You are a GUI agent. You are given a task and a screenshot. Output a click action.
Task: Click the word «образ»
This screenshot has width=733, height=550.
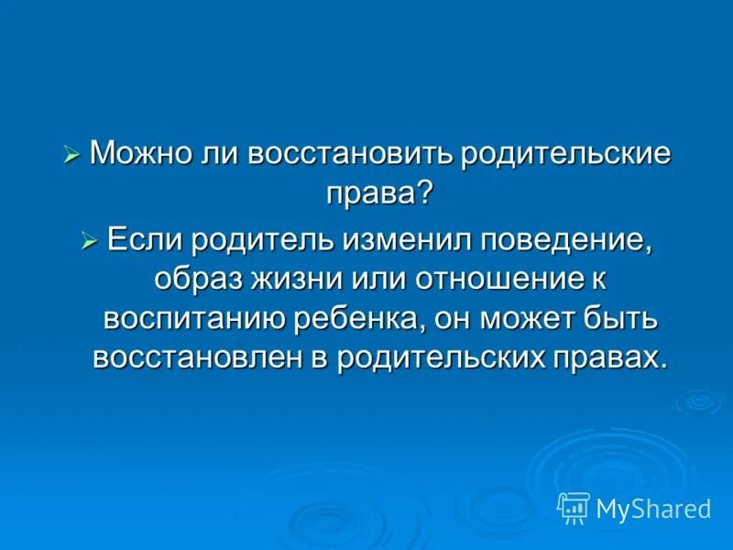[191, 280]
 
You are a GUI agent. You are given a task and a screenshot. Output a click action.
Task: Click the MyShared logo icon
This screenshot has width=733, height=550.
[573, 507]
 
